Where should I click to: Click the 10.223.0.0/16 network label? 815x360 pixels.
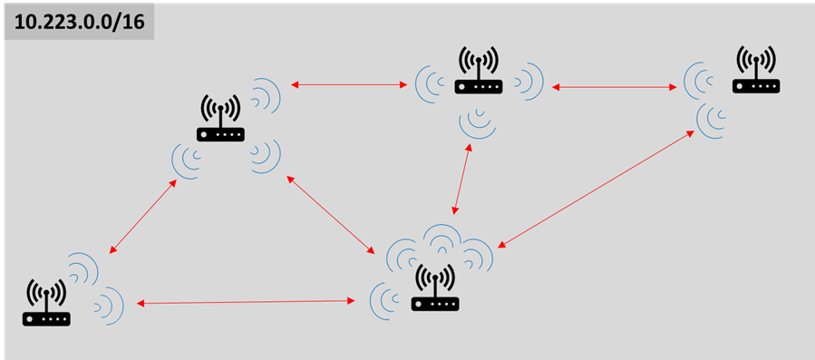click(80, 22)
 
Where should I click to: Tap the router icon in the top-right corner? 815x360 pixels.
click(756, 72)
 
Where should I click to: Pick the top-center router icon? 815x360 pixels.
click(479, 72)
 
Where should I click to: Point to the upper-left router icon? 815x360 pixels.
click(220, 119)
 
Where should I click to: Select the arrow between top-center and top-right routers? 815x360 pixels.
click(615, 87)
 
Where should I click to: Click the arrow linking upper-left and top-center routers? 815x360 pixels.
click(349, 85)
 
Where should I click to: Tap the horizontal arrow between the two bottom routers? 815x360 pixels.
click(245, 301)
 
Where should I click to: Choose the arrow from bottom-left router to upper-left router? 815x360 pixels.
click(142, 216)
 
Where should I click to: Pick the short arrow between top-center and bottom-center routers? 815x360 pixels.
click(460, 179)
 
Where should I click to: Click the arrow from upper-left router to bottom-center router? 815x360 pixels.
click(331, 213)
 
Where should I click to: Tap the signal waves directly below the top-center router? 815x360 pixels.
click(477, 122)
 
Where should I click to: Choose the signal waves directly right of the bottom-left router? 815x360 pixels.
click(110, 303)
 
